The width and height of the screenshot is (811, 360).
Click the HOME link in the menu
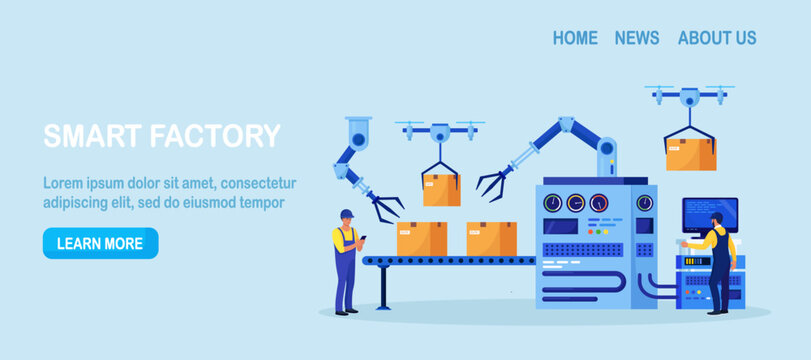point(575,38)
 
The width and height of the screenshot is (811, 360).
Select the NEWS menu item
point(637,38)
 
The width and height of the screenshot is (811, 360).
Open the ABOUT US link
point(717,38)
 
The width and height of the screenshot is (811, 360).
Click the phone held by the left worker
point(363,237)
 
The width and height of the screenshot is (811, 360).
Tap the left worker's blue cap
point(346,213)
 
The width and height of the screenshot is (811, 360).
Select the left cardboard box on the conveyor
point(422,238)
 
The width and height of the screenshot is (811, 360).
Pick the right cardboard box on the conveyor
point(491,238)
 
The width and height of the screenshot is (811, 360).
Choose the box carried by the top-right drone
point(690,154)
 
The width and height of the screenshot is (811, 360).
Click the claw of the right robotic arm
point(491,183)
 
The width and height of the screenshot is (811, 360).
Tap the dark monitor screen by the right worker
point(709,210)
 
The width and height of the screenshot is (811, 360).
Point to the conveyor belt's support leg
point(383,286)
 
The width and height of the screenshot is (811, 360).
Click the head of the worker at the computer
point(716,219)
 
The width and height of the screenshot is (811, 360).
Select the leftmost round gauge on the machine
point(553,203)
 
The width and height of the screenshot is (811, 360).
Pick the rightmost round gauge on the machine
point(645,203)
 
